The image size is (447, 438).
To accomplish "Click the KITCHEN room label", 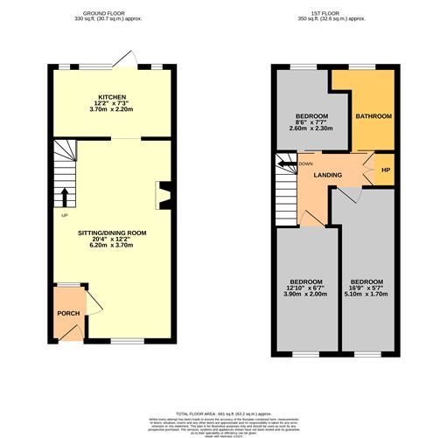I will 112,96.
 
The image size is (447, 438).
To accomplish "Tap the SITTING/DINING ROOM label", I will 112,233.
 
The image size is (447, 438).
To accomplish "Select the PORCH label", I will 68,313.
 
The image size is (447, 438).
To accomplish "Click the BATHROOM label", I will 373,116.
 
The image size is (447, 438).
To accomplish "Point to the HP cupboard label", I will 384,170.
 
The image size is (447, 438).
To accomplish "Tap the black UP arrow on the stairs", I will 64,195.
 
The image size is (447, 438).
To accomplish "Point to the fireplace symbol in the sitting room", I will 162,195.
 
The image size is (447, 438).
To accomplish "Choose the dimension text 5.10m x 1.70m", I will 366,295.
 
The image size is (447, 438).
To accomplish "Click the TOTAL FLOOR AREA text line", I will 224,413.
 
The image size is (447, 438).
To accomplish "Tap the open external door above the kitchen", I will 130,58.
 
